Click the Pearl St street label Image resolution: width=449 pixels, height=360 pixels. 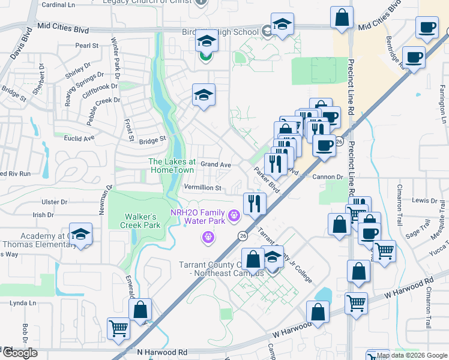pos(87,46)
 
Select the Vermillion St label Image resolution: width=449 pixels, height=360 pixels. pos(203,188)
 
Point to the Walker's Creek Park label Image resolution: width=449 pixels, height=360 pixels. pos(143,220)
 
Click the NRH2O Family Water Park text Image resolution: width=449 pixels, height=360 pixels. pos(197,217)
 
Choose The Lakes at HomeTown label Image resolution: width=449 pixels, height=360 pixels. pos(172,166)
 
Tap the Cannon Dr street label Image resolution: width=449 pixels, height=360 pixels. pos(328,177)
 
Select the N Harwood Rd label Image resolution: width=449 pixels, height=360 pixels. pos(162,352)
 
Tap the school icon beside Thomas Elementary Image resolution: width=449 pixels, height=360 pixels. pos(80,235)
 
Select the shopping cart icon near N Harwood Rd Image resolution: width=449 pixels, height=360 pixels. pos(118,328)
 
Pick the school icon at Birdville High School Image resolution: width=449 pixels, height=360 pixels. pos(282,24)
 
